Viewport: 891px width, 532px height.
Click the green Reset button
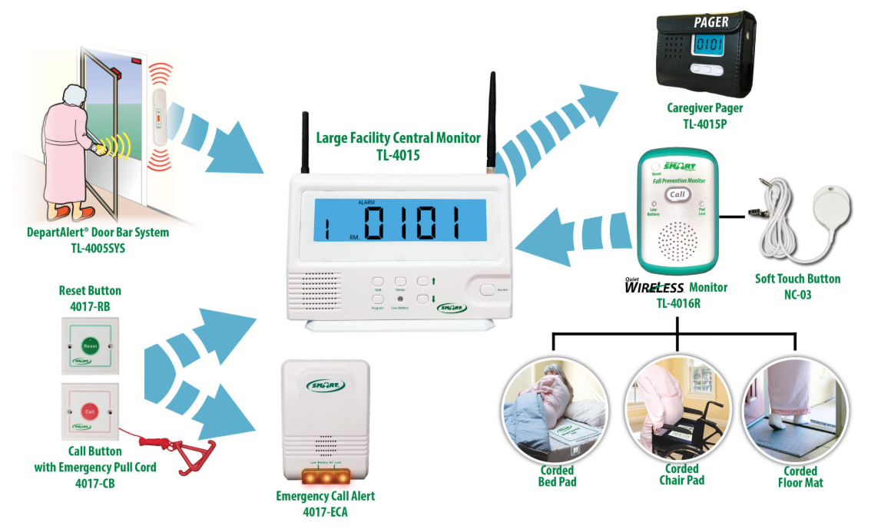pyautogui.click(x=90, y=345)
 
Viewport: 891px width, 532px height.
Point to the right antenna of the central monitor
pyautogui.click(x=490, y=123)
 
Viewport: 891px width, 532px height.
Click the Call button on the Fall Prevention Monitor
pyautogui.click(x=677, y=195)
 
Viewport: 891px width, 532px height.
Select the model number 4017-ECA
pyautogui.click(x=325, y=511)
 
